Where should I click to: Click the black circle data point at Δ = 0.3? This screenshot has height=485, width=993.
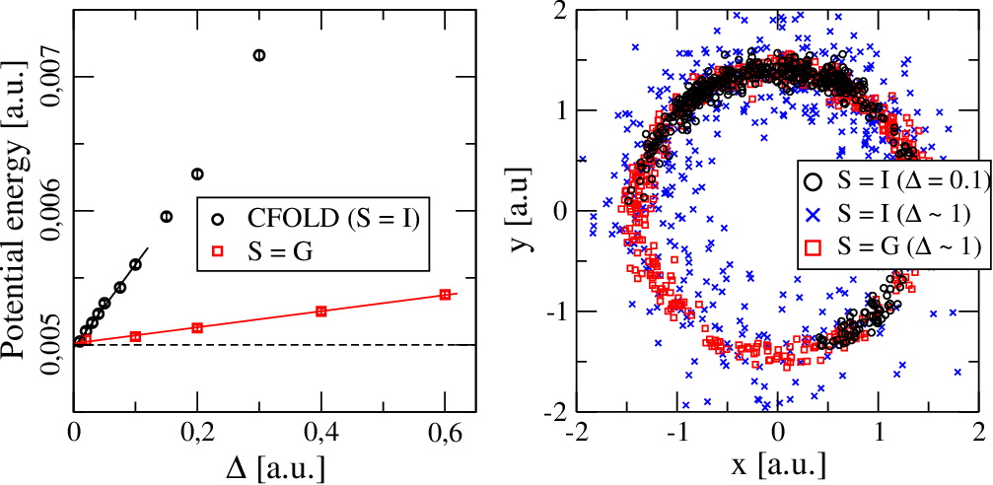pyautogui.click(x=259, y=55)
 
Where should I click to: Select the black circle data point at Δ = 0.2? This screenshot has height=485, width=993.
pyautogui.click(x=197, y=173)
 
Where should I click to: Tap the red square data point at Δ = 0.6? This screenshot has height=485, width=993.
pyautogui.click(x=445, y=295)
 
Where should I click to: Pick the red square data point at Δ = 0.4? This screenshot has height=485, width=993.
pyautogui.click(x=320, y=311)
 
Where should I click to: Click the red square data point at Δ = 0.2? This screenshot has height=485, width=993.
pyautogui.click(x=197, y=327)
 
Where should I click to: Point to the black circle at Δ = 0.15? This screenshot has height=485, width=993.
pyautogui.click(x=166, y=217)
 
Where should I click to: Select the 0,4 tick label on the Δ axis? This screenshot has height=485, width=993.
pyautogui.click(x=320, y=437)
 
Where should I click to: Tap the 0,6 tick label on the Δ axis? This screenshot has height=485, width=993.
pyautogui.click(x=445, y=437)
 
